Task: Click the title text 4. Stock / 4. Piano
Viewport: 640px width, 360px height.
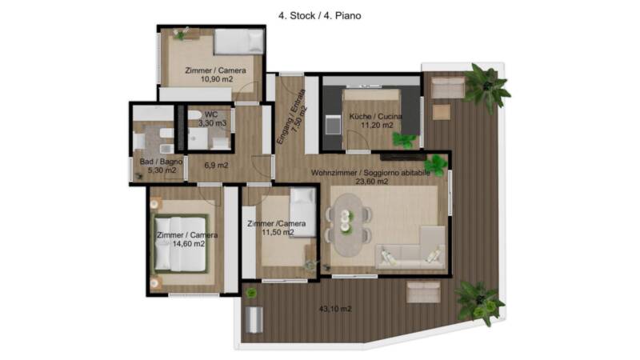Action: click(319, 16)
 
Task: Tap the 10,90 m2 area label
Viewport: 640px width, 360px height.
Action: click(216, 79)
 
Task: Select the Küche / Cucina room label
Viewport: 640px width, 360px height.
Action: click(375, 116)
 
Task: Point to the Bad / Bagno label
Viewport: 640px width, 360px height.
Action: click(161, 162)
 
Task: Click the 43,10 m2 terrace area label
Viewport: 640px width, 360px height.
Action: click(335, 309)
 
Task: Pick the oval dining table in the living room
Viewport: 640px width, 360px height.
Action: click(346, 225)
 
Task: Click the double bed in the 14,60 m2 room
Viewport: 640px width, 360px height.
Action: click(180, 244)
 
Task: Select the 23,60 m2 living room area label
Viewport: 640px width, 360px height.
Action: click(371, 182)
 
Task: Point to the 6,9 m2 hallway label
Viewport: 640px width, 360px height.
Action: click(216, 166)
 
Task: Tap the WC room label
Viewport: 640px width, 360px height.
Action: click(211, 114)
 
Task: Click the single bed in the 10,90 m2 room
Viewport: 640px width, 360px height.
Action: click(239, 42)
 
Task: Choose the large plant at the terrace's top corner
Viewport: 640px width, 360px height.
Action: click(486, 86)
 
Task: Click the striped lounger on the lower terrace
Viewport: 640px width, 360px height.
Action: click(254, 319)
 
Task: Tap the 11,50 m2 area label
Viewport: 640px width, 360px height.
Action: click(278, 233)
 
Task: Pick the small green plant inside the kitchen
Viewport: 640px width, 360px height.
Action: click(404, 140)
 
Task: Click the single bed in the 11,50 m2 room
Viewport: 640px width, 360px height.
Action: click(303, 212)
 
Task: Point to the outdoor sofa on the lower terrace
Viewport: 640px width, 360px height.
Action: click(424, 292)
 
